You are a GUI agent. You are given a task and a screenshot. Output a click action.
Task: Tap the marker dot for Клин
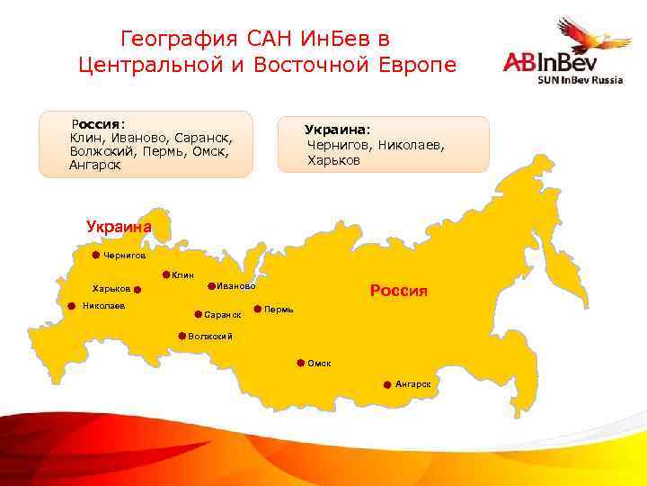click(x=166, y=274)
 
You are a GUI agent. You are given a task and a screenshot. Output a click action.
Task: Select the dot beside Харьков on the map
click(x=137, y=289)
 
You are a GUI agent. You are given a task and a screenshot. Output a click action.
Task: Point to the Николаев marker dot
click(x=73, y=305)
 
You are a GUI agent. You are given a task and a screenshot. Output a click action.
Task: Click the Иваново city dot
click(x=212, y=286)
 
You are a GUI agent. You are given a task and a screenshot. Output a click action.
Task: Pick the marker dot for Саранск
click(x=198, y=315)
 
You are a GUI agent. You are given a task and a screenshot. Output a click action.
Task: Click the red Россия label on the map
click(x=399, y=291)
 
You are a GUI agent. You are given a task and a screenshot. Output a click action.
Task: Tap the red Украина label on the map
click(x=119, y=227)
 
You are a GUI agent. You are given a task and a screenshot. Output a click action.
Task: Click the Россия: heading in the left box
click(x=99, y=123)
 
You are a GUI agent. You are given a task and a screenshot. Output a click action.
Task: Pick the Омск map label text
click(x=319, y=363)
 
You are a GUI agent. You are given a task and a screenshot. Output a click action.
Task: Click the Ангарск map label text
click(x=412, y=384)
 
